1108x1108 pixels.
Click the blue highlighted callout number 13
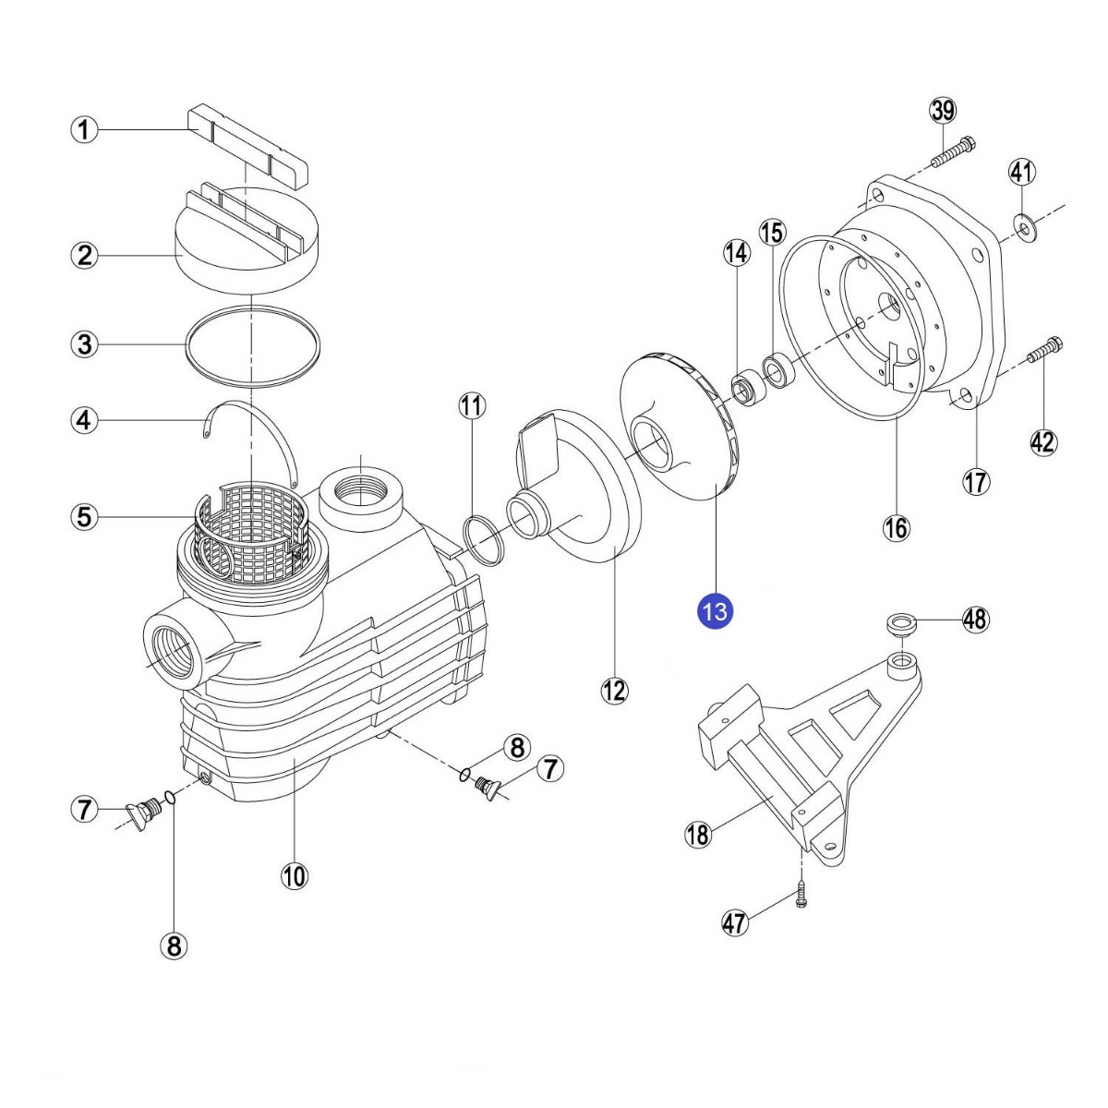(x=716, y=611)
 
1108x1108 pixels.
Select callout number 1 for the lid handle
(x=84, y=129)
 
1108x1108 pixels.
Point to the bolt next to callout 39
(x=954, y=151)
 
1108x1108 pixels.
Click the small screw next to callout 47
(x=801, y=894)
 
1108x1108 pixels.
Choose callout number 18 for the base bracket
(x=698, y=835)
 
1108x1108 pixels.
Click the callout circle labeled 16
(x=896, y=527)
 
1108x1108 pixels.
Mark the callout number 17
(x=976, y=481)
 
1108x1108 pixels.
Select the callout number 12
(x=614, y=690)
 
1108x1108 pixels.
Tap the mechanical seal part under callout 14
(x=743, y=389)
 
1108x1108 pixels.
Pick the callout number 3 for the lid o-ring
(x=84, y=345)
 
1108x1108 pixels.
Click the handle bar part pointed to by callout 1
(x=247, y=146)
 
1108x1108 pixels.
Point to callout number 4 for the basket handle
(x=84, y=421)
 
